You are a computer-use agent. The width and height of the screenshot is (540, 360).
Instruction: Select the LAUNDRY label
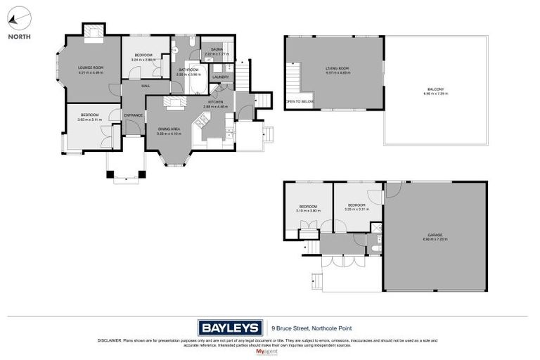click(221, 77)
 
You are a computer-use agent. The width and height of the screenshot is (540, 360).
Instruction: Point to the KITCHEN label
click(216, 102)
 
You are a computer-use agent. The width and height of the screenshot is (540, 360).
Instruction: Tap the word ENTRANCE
click(134, 115)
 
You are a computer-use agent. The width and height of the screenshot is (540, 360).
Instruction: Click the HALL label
click(146, 86)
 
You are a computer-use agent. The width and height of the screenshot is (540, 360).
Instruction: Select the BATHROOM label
click(188, 70)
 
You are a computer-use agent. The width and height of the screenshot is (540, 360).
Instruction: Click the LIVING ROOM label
click(337, 68)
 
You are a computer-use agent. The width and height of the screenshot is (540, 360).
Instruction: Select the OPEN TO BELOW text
click(299, 102)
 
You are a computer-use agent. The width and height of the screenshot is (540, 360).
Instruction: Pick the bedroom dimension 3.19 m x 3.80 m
click(309, 210)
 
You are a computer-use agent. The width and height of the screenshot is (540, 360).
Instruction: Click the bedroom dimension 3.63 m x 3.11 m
click(89, 120)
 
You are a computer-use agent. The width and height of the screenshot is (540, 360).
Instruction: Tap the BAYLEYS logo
click(229, 328)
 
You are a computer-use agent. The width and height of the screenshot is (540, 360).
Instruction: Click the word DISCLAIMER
click(109, 340)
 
